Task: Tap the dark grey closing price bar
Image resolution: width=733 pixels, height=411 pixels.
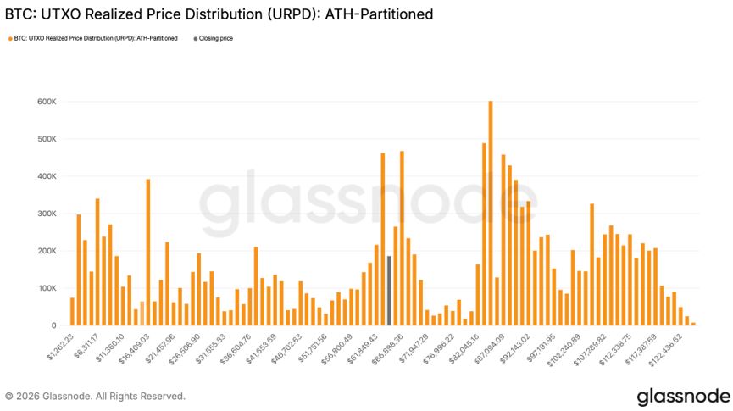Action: click(x=389, y=291)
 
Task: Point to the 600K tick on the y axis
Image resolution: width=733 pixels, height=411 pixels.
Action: click(x=46, y=102)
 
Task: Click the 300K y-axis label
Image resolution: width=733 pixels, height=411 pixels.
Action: click(x=46, y=214)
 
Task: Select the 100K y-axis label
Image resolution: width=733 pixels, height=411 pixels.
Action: click(x=46, y=288)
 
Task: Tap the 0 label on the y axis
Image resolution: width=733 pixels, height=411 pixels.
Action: click(x=53, y=325)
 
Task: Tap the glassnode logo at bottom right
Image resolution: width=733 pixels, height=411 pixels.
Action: click(x=683, y=396)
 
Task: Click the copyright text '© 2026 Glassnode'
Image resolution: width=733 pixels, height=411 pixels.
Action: click(x=95, y=396)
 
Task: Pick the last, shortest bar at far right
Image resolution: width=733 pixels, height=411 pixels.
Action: click(x=693, y=324)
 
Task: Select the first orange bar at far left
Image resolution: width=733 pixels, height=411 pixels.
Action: click(x=72, y=312)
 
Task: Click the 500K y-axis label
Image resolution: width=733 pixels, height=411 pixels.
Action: click(x=46, y=139)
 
